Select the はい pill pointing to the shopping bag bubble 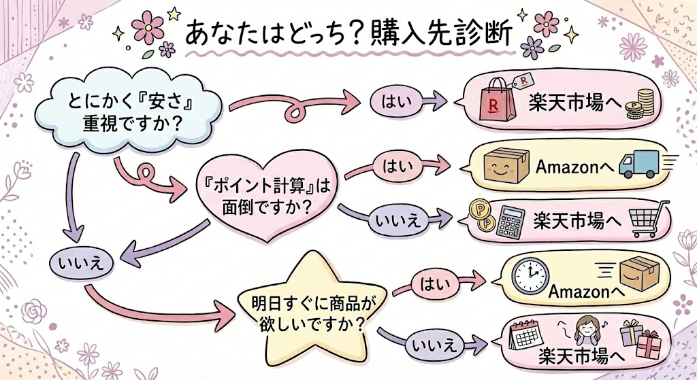[x=391, y=102]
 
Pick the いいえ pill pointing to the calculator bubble [x=395, y=219]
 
